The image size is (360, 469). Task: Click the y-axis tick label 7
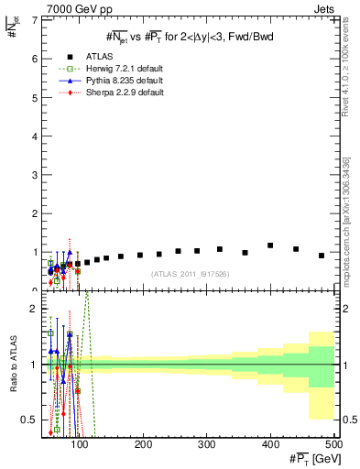33,20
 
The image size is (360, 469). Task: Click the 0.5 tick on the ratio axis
29,420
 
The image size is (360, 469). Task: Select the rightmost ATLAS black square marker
322,256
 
